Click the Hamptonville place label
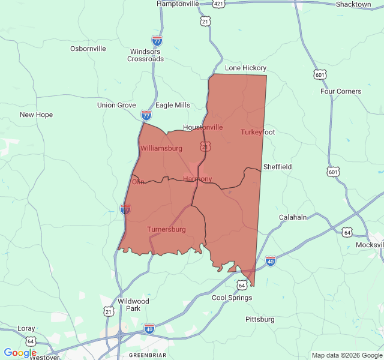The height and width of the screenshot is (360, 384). click(x=178, y=4)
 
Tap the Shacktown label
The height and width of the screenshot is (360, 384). click(x=353, y=4)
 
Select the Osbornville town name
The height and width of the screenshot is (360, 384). click(x=88, y=49)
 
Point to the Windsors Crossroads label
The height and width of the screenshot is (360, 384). click(x=146, y=55)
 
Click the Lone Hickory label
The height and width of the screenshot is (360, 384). click(x=245, y=68)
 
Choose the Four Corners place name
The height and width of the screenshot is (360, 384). click(x=341, y=92)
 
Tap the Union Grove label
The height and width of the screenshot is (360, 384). click(x=116, y=105)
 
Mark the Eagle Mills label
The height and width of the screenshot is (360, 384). click(x=173, y=105)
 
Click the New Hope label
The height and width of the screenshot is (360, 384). click(x=36, y=115)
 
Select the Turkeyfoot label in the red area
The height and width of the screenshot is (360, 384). click(x=257, y=132)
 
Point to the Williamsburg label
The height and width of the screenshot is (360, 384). click(x=161, y=148)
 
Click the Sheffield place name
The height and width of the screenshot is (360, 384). click(x=277, y=167)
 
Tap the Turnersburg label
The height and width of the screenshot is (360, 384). click(x=166, y=229)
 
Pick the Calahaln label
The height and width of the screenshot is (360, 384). click(x=293, y=217)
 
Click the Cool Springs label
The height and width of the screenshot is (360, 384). click(x=232, y=298)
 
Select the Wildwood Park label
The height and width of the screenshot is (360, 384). click(x=133, y=305)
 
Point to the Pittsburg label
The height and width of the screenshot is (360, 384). click(x=260, y=319)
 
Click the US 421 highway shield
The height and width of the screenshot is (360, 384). click(x=218, y=4)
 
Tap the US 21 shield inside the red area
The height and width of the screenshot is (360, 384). click(x=206, y=146)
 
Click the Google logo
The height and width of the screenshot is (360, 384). click(x=20, y=353)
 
